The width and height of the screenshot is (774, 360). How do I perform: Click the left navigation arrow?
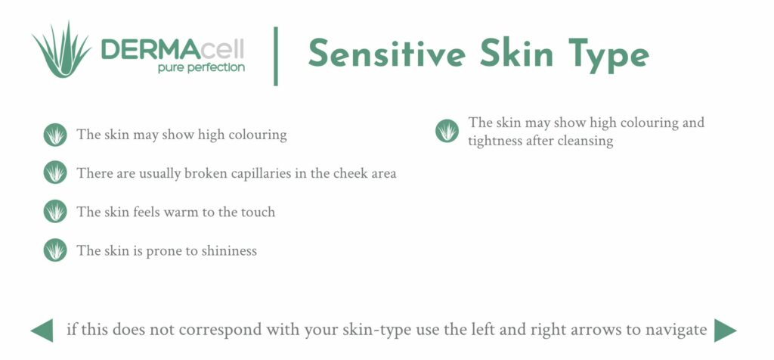pos(42,331)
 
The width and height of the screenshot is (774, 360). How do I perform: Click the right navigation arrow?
pos(725,331)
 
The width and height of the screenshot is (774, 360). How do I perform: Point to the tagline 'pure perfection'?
pos(201,67)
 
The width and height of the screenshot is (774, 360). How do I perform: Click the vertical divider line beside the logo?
pos(276,55)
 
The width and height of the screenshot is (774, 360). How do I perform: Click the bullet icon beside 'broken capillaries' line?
pos(55,173)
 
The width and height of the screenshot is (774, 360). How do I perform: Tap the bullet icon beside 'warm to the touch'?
pos(55,212)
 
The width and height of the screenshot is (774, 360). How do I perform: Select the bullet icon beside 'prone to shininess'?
pos(55,250)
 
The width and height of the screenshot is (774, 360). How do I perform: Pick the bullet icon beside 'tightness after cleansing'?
pos(447,131)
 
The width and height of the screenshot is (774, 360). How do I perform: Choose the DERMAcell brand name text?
pos(172,50)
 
